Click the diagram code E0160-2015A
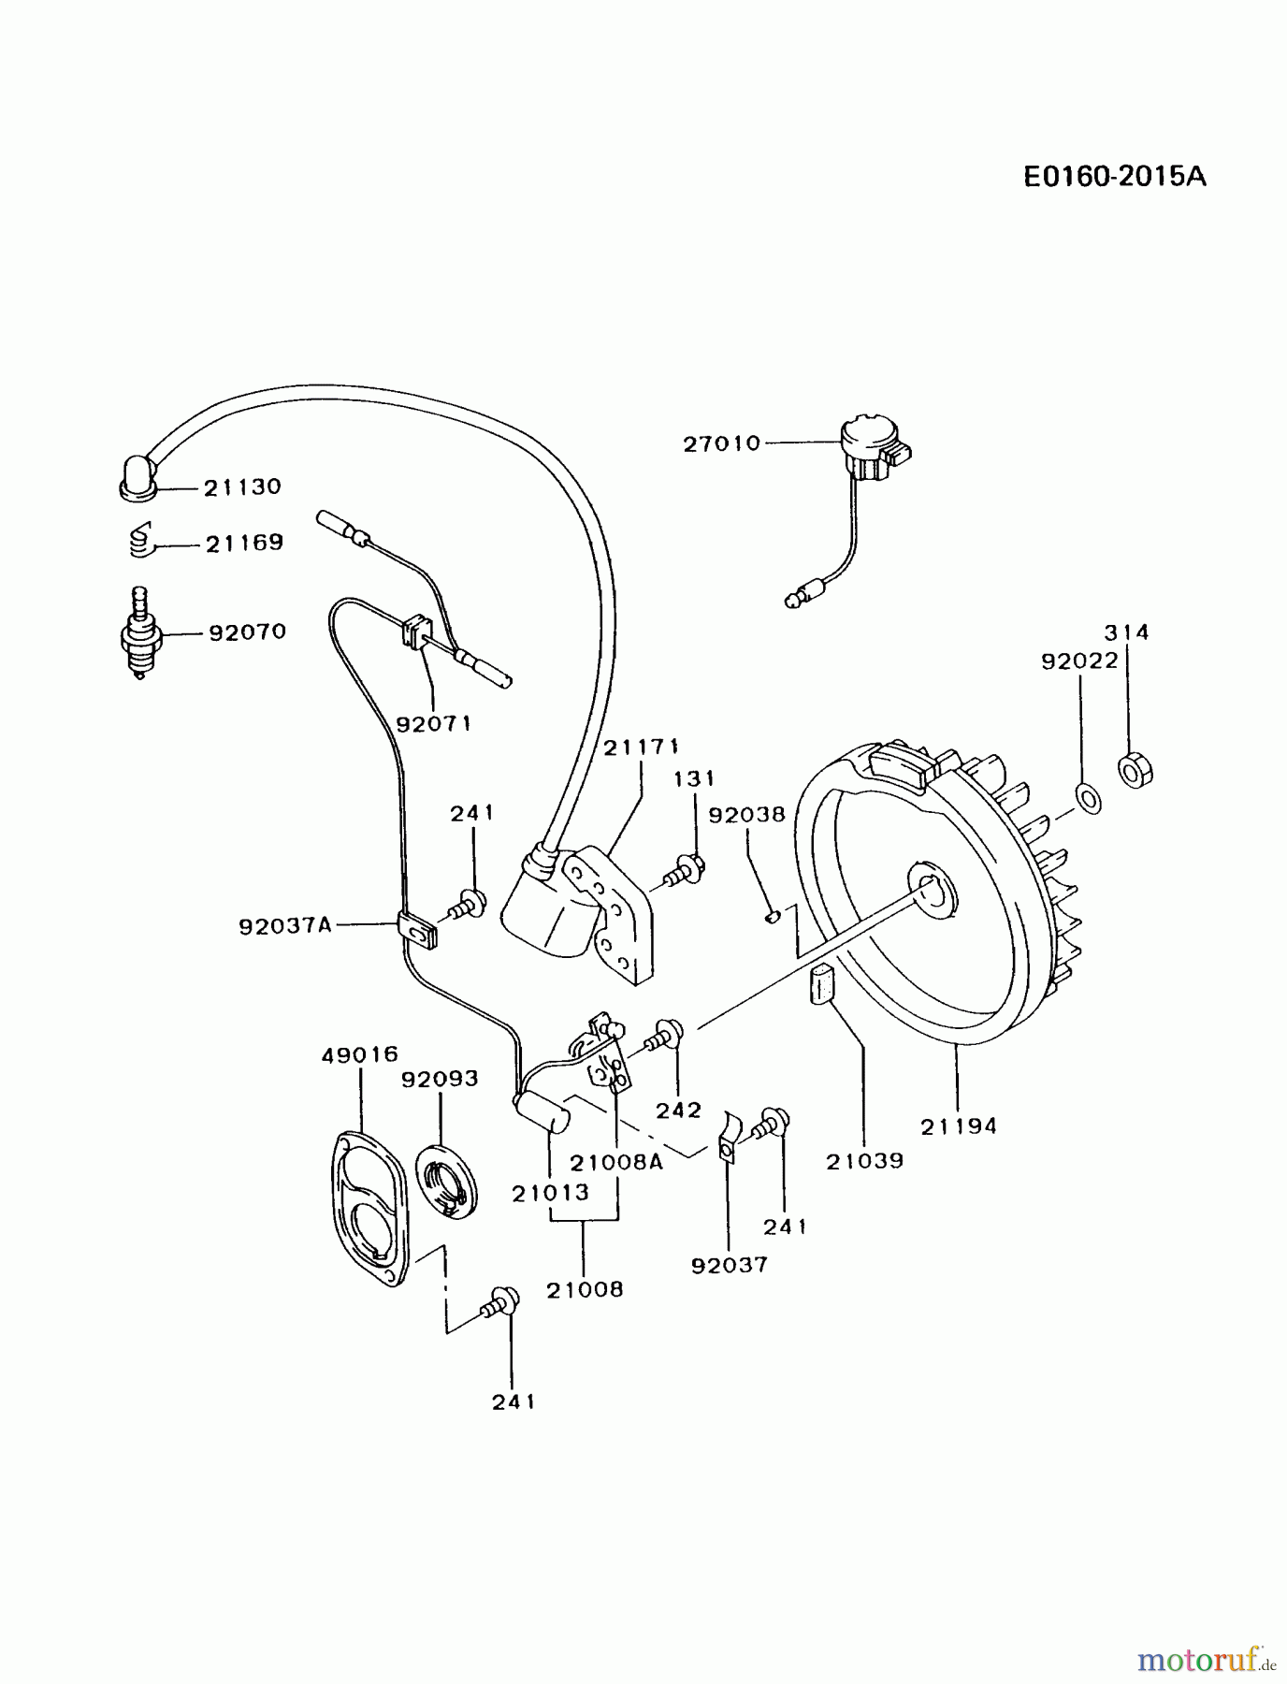1114,176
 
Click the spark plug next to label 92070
140,634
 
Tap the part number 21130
242,487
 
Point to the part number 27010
721,443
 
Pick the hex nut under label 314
1135,770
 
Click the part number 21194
959,1126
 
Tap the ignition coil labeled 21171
580,907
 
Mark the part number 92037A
285,926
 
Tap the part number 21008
585,1289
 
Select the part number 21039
864,1161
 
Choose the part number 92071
433,723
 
